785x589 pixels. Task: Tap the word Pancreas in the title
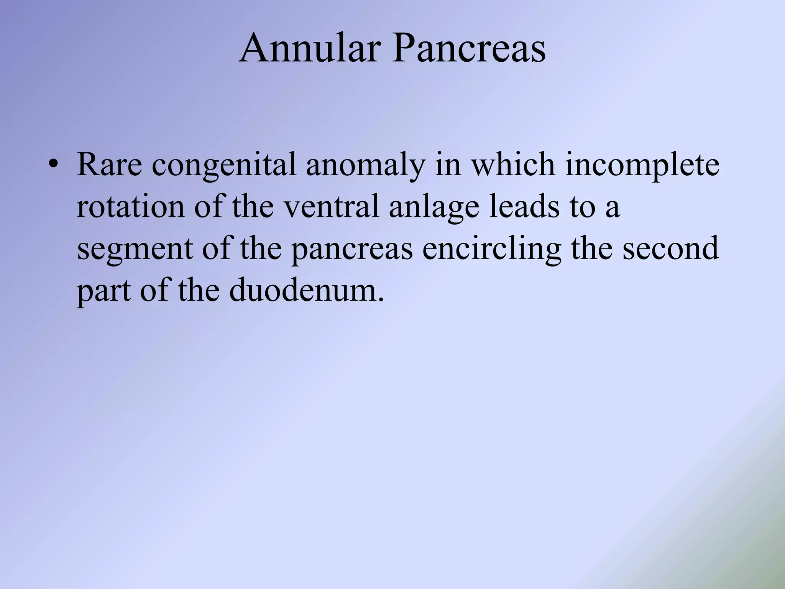[468, 49]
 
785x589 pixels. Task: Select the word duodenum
[306, 291]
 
